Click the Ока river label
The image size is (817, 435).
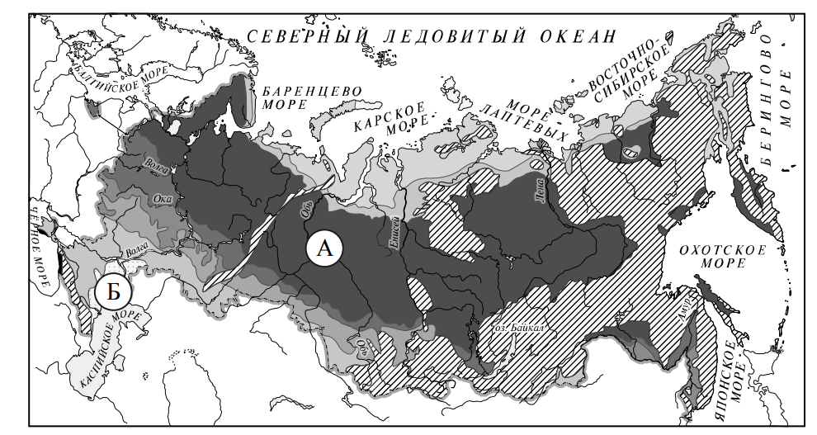[x=162, y=199]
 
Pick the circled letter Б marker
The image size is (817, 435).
[x=111, y=291]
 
